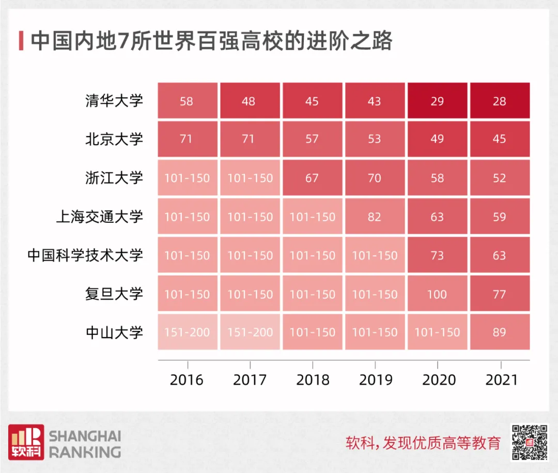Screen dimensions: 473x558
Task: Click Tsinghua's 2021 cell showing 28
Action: click(x=500, y=101)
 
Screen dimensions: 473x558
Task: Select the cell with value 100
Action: click(x=437, y=294)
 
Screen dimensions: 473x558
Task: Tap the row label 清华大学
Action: click(x=114, y=100)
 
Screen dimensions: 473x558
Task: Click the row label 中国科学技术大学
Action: click(x=85, y=255)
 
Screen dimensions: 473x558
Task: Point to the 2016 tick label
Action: click(x=187, y=380)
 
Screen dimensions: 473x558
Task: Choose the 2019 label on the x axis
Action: click(x=376, y=380)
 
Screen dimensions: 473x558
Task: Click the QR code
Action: click(x=529, y=443)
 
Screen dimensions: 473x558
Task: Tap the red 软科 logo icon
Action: click(x=25, y=443)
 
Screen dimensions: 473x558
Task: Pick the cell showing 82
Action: click(x=375, y=217)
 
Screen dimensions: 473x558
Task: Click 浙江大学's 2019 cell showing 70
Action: click(x=375, y=178)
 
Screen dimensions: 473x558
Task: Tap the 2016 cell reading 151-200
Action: click(x=187, y=332)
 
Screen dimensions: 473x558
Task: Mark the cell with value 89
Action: click(x=500, y=332)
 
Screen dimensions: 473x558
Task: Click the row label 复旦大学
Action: click(x=114, y=294)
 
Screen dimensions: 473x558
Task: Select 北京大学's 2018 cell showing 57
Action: click(x=312, y=140)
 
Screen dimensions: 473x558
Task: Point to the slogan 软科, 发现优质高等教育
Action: click(x=423, y=443)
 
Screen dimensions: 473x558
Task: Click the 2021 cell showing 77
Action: click(x=500, y=294)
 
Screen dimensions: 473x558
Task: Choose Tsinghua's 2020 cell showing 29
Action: click(x=437, y=101)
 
